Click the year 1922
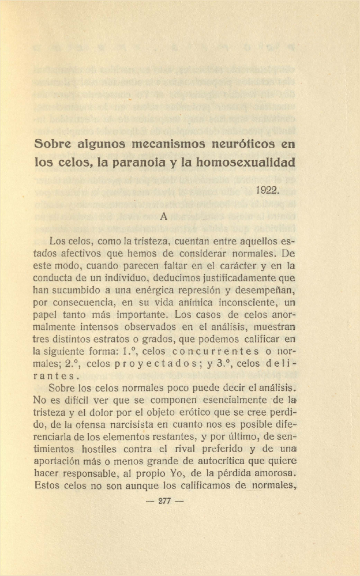[267, 189]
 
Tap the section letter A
[163, 217]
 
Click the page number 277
[164, 501]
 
